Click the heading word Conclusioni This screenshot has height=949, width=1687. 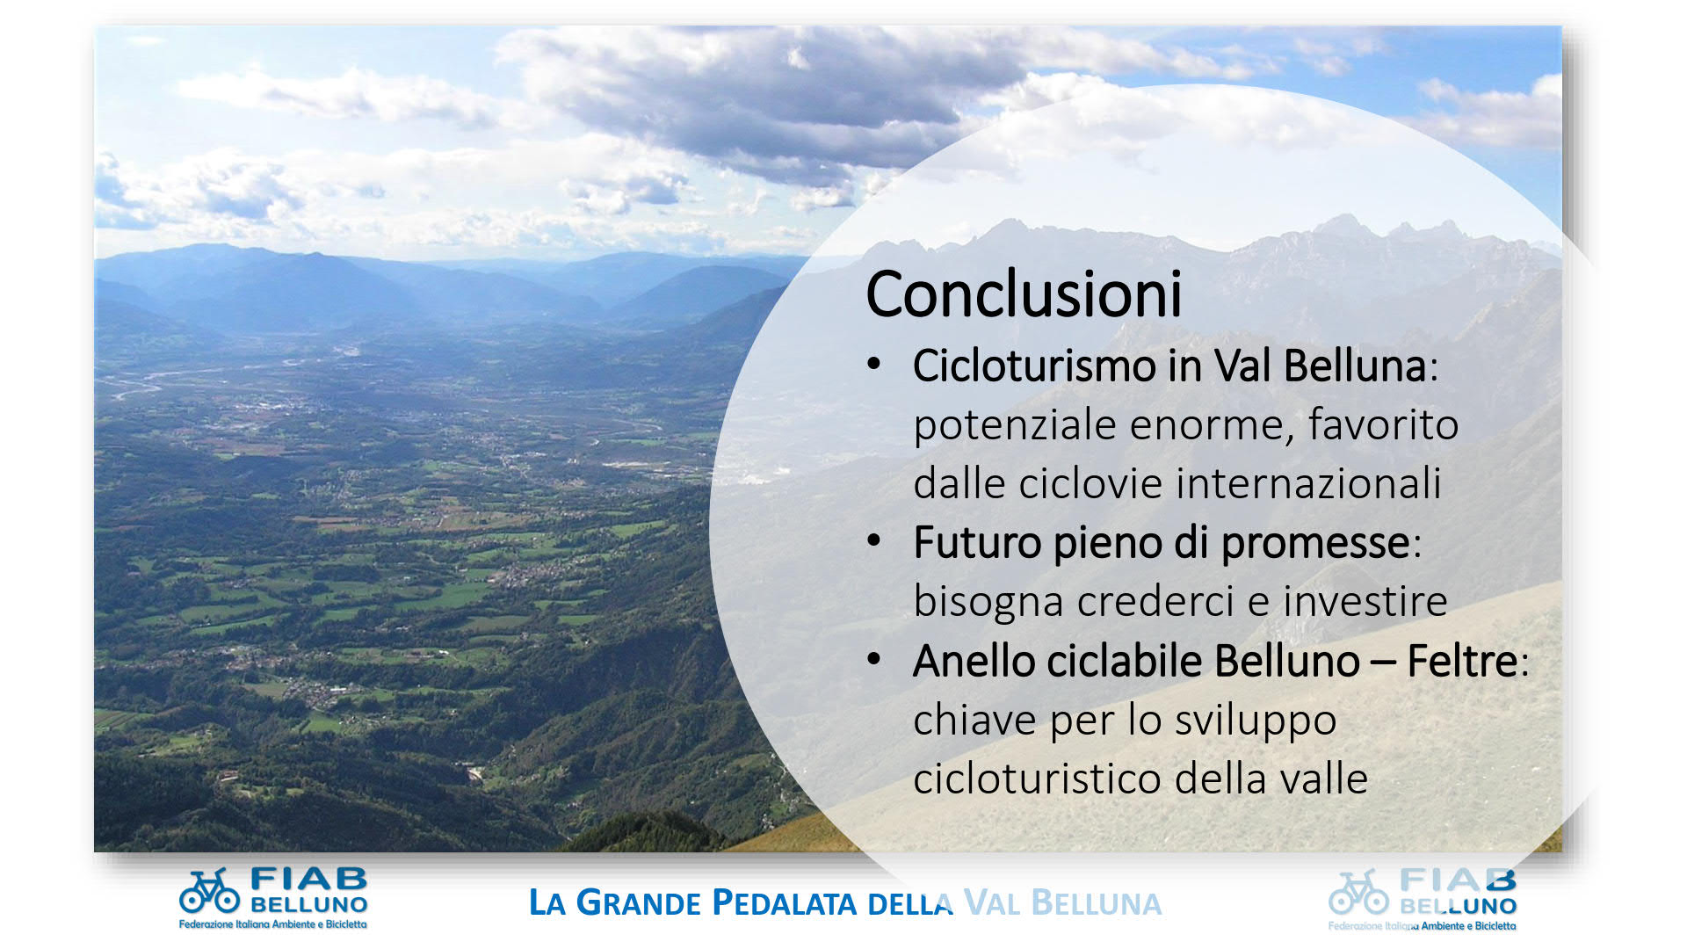(1024, 293)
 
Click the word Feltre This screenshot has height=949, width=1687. (1462, 661)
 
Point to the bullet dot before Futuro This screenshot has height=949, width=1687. (873, 540)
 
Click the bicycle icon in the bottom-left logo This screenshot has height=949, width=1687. (209, 891)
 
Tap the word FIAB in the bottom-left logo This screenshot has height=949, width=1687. (308, 879)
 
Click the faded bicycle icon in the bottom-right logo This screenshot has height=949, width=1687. (1358, 893)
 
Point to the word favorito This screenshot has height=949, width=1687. (1383, 424)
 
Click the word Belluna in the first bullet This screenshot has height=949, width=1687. (1355, 366)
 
